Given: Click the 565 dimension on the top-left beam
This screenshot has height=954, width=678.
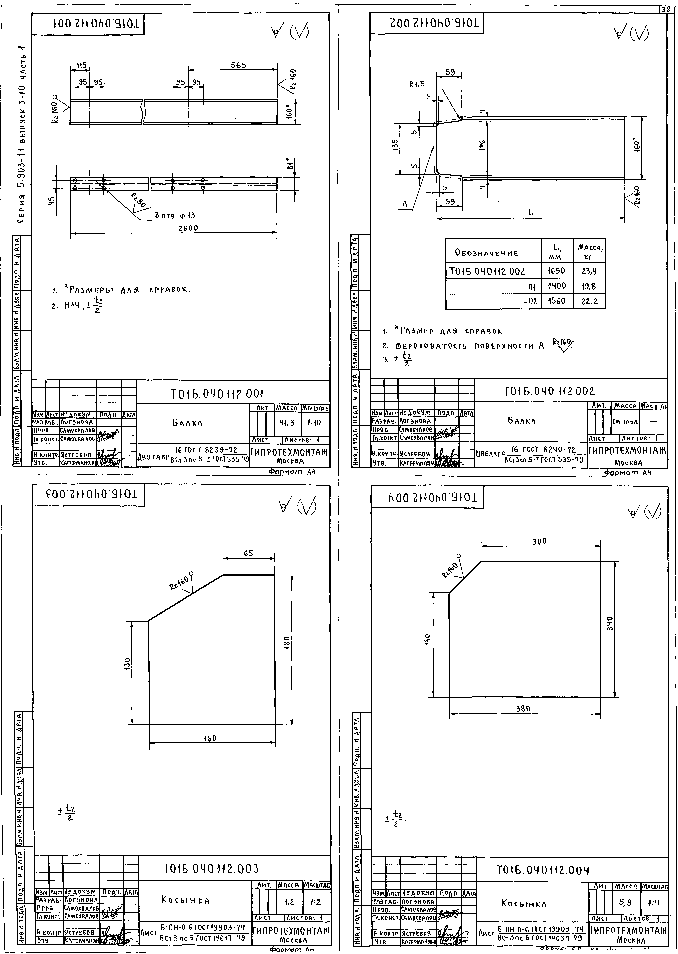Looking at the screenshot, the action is [238, 65].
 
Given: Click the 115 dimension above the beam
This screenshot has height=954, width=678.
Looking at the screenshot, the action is [81, 66].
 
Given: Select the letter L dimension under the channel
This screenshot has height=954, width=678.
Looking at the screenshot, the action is [531, 212].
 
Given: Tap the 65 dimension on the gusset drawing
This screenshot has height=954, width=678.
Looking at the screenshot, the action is [248, 554].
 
